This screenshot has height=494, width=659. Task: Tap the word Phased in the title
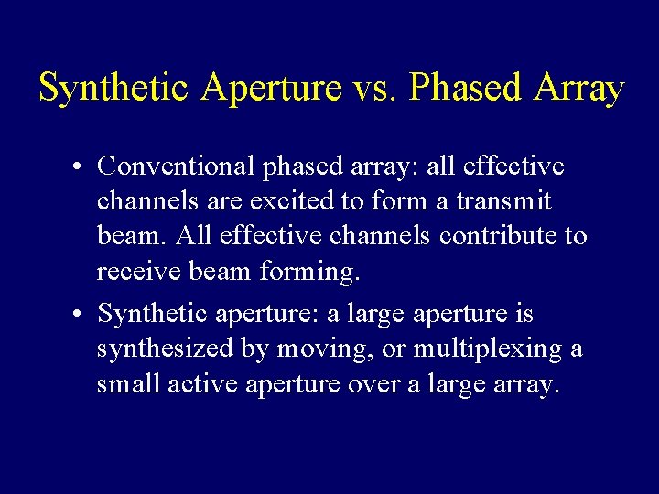coord(465,89)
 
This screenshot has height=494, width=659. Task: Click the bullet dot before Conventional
coord(81,167)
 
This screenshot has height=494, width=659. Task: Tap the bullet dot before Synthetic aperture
coord(81,315)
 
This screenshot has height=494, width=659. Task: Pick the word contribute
coord(498,236)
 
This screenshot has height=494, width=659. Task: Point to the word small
coord(129,384)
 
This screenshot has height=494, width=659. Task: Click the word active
coord(197,384)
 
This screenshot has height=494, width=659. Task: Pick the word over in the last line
coord(374,384)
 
